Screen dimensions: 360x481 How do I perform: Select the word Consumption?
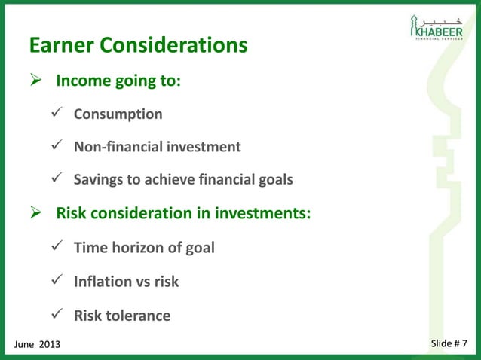(x=118, y=114)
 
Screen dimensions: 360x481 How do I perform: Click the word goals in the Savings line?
(x=273, y=180)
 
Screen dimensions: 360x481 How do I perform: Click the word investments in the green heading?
(x=262, y=213)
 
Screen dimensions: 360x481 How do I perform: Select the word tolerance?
(x=140, y=316)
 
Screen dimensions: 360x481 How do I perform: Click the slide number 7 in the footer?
(x=463, y=344)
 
